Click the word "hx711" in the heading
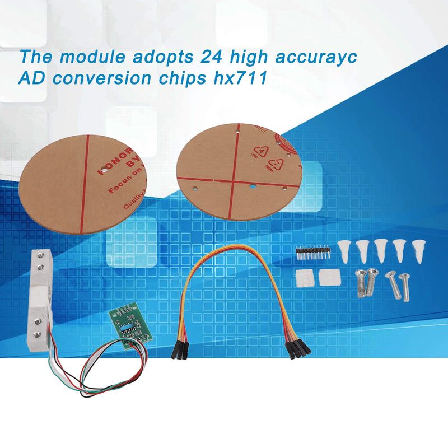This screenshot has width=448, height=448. coord(246,78)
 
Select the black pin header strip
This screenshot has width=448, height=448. coord(311,250)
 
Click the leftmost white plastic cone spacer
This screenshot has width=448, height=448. coord(345,250)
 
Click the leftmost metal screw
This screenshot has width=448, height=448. coord(361,282)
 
